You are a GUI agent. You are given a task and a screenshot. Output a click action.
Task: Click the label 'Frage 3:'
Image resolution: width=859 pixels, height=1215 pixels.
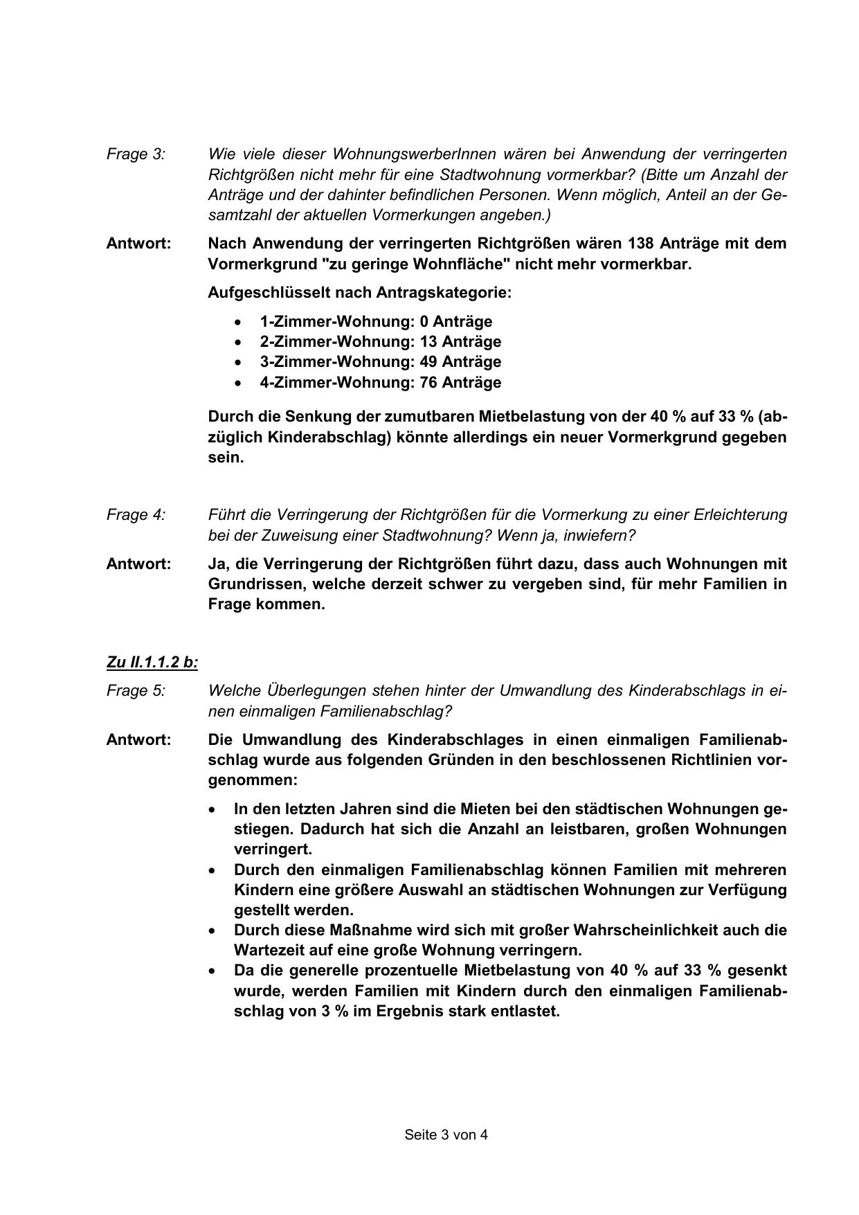tap(136, 154)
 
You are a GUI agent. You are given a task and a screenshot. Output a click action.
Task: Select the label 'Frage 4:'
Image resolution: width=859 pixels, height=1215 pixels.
tap(136, 515)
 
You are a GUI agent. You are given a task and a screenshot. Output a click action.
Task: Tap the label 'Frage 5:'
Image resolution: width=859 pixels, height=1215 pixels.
tap(136, 691)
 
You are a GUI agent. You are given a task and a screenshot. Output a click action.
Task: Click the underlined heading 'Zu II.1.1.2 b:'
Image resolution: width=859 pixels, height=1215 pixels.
tap(152, 663)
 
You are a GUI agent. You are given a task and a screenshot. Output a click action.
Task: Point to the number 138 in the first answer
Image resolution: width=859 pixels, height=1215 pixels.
tap(641, 244)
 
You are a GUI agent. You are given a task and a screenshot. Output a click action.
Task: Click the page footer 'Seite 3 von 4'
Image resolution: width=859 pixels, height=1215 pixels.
tap(446, 1135)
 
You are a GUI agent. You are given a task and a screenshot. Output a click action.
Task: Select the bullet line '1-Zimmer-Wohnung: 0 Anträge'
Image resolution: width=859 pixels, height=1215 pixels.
tap(376, 321)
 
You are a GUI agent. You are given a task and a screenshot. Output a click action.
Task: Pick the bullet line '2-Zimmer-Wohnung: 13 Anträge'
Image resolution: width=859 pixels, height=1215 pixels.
tap(380, 341)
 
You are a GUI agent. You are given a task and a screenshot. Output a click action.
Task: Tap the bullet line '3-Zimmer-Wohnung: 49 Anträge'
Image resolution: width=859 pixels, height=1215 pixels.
tap(380, 361)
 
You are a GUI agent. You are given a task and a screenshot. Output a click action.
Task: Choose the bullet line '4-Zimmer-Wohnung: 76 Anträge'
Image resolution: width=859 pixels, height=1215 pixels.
tap(380, 382)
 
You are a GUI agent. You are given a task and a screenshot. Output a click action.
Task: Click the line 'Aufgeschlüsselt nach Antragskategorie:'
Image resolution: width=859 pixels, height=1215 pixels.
tap(359, 293)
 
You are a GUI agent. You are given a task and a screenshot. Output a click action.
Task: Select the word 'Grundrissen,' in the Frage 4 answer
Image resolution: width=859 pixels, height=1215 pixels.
tap(255, 584)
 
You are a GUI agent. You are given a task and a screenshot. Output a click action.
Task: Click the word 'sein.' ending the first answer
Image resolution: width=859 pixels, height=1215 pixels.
tap(226, 458)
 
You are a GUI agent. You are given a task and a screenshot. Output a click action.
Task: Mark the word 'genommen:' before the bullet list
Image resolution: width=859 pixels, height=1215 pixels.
tap(253, 780)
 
